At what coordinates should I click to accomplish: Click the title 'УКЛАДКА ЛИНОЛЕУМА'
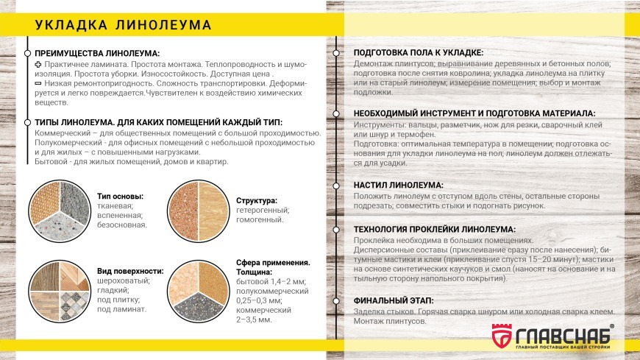tap(123, 25)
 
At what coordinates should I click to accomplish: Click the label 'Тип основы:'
tap(120, 197)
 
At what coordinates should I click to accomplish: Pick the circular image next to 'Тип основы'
tap(59, 211)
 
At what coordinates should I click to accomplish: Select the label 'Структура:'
tap(257, 200)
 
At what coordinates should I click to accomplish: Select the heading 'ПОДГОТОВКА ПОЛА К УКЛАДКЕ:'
tap(419, 54)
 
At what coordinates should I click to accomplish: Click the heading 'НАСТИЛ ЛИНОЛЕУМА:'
tap(399, 185)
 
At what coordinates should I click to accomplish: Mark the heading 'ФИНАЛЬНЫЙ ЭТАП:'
tap(394, 301)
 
